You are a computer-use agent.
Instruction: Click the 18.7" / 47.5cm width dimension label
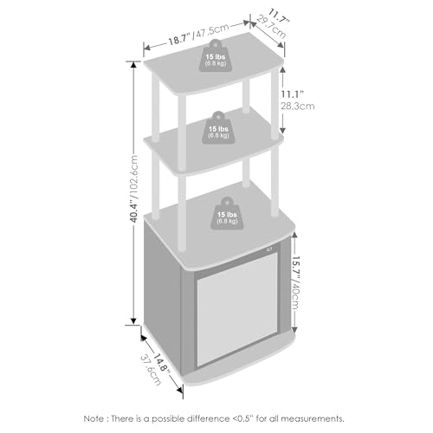pos(199,34)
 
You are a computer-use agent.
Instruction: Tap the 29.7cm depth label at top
pos(271,28)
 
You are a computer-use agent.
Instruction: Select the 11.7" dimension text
pos(279,16)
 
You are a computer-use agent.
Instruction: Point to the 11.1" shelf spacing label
pos(293,94)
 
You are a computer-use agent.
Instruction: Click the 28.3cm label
pos(298,106)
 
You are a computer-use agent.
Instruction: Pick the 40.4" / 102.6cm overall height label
pos(134,189)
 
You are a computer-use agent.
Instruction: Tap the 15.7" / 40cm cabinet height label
pos(295,282)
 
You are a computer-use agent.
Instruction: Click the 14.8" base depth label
pos(160,362)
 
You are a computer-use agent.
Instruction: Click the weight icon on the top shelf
pos(216,56)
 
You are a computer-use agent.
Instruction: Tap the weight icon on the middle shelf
pos(218,128)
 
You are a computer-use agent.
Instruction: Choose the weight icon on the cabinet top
pos(227,214)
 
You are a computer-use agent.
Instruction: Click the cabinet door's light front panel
pos(237,309)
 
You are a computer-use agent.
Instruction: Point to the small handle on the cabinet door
pos(270,249)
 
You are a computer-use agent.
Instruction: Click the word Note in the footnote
pos(94,418)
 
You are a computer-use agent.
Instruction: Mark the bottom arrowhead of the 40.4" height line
pos(133,321)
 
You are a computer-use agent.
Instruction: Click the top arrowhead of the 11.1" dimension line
pos(282,69)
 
